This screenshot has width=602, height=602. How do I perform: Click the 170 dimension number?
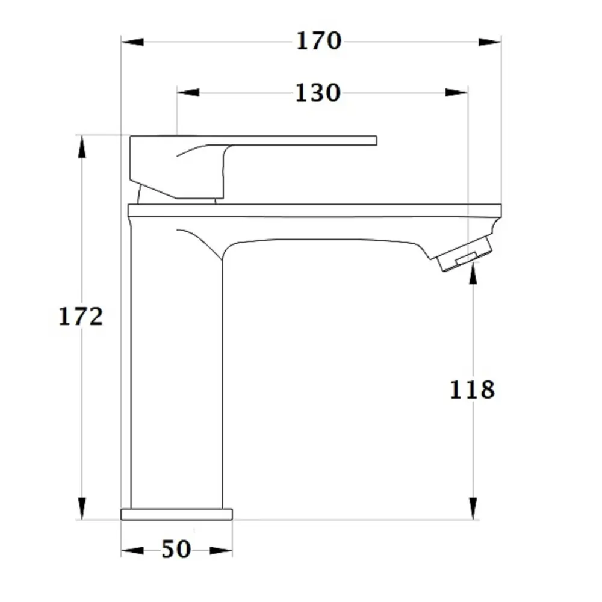[318, 41]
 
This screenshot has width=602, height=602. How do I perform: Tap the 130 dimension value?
[318, 93]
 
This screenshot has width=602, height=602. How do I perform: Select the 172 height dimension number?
[81, 317]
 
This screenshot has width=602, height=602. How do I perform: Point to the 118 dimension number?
[472, 389]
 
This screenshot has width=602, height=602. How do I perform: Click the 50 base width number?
[176, 549]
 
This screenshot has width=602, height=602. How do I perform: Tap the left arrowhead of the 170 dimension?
[132, 42]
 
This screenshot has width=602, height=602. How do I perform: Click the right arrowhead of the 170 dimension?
[490, 42]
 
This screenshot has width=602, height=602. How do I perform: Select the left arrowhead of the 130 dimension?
[188, 93]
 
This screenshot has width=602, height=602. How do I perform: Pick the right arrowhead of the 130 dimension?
[456, 93]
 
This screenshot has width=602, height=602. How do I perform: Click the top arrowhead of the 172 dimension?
[82, 147]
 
